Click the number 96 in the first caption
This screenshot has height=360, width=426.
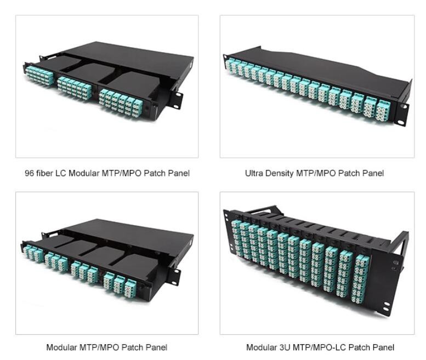(29, 173)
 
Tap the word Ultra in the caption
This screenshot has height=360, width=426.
(254, 173)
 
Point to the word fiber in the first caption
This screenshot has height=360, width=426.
(45, 173)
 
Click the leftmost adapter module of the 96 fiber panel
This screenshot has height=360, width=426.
(39, 76)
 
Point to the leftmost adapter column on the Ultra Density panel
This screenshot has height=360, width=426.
(228, 65)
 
